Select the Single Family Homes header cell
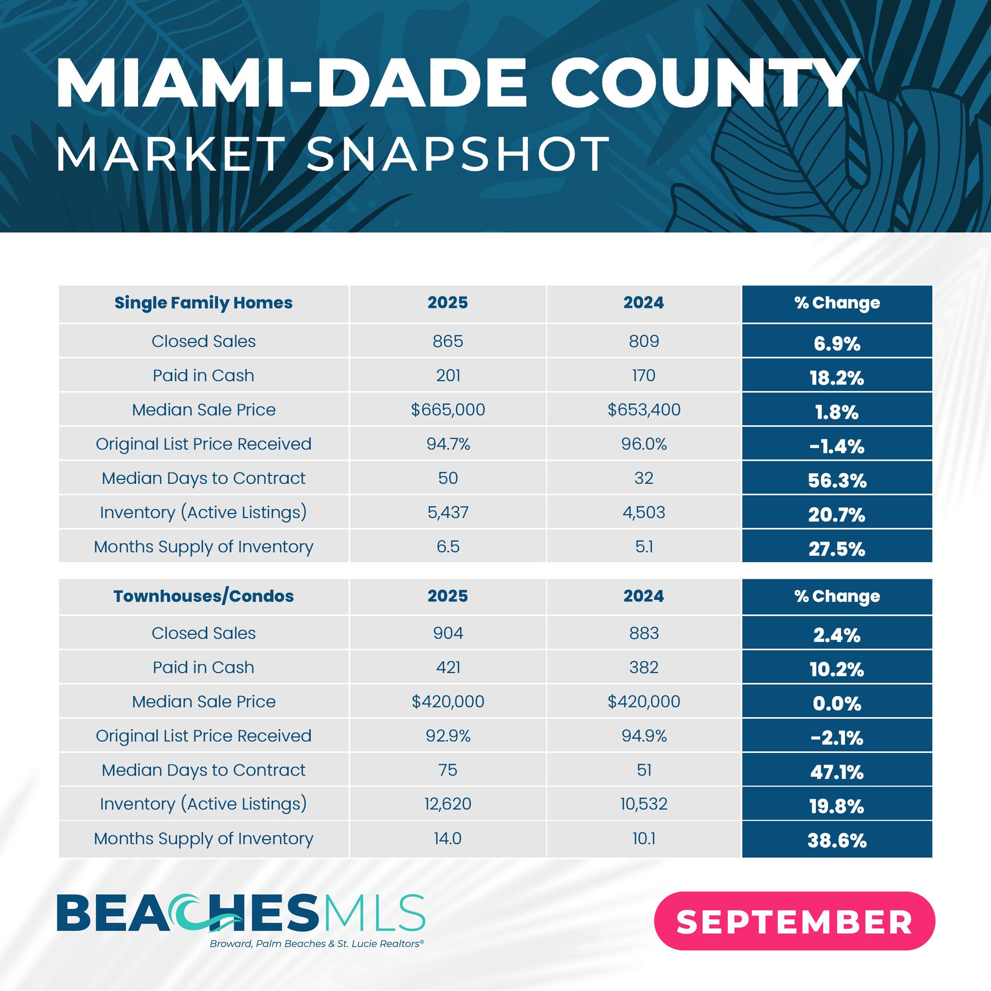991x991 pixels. [203, 303]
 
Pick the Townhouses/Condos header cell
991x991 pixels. [203, 596]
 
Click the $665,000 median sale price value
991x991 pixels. [448, 410]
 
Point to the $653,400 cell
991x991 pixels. [644, 410]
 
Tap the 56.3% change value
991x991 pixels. [837, 480]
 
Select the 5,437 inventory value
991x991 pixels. [448, 512]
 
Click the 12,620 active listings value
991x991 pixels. [448, 804]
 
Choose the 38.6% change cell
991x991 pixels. [837, 841]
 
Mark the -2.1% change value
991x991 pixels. [837, 738]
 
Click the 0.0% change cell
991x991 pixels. [837, 704]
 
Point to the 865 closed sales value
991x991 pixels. [448, 342]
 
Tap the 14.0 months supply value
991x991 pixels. [448, 839]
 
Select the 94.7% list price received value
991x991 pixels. [448, 444]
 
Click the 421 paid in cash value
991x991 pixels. [448, 667]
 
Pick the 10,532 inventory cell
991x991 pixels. [644, 804]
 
